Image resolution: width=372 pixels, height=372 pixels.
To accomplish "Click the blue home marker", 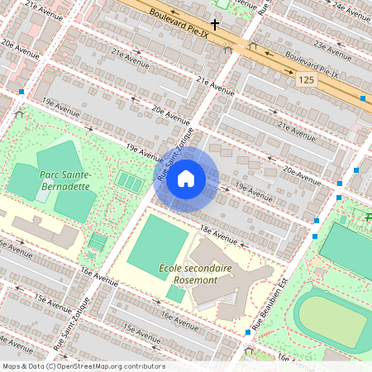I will tap(186, 179).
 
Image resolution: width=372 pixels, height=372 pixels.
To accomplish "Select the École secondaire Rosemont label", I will tap(195, 274).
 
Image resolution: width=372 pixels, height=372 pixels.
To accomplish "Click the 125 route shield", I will tap(307, 79).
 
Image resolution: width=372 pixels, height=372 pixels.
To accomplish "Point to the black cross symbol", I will tap(215, 25).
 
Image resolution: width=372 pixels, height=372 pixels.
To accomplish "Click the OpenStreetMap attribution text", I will tap(83, 366).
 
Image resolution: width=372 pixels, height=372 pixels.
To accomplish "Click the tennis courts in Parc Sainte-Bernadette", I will tap(128, 179).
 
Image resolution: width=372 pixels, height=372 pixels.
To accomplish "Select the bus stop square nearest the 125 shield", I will tap(363, 98).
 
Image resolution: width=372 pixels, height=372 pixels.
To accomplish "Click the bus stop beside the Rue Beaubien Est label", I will tap(248, 332).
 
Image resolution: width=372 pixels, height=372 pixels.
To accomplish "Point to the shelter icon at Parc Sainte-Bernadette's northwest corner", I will tap(18, 113).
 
